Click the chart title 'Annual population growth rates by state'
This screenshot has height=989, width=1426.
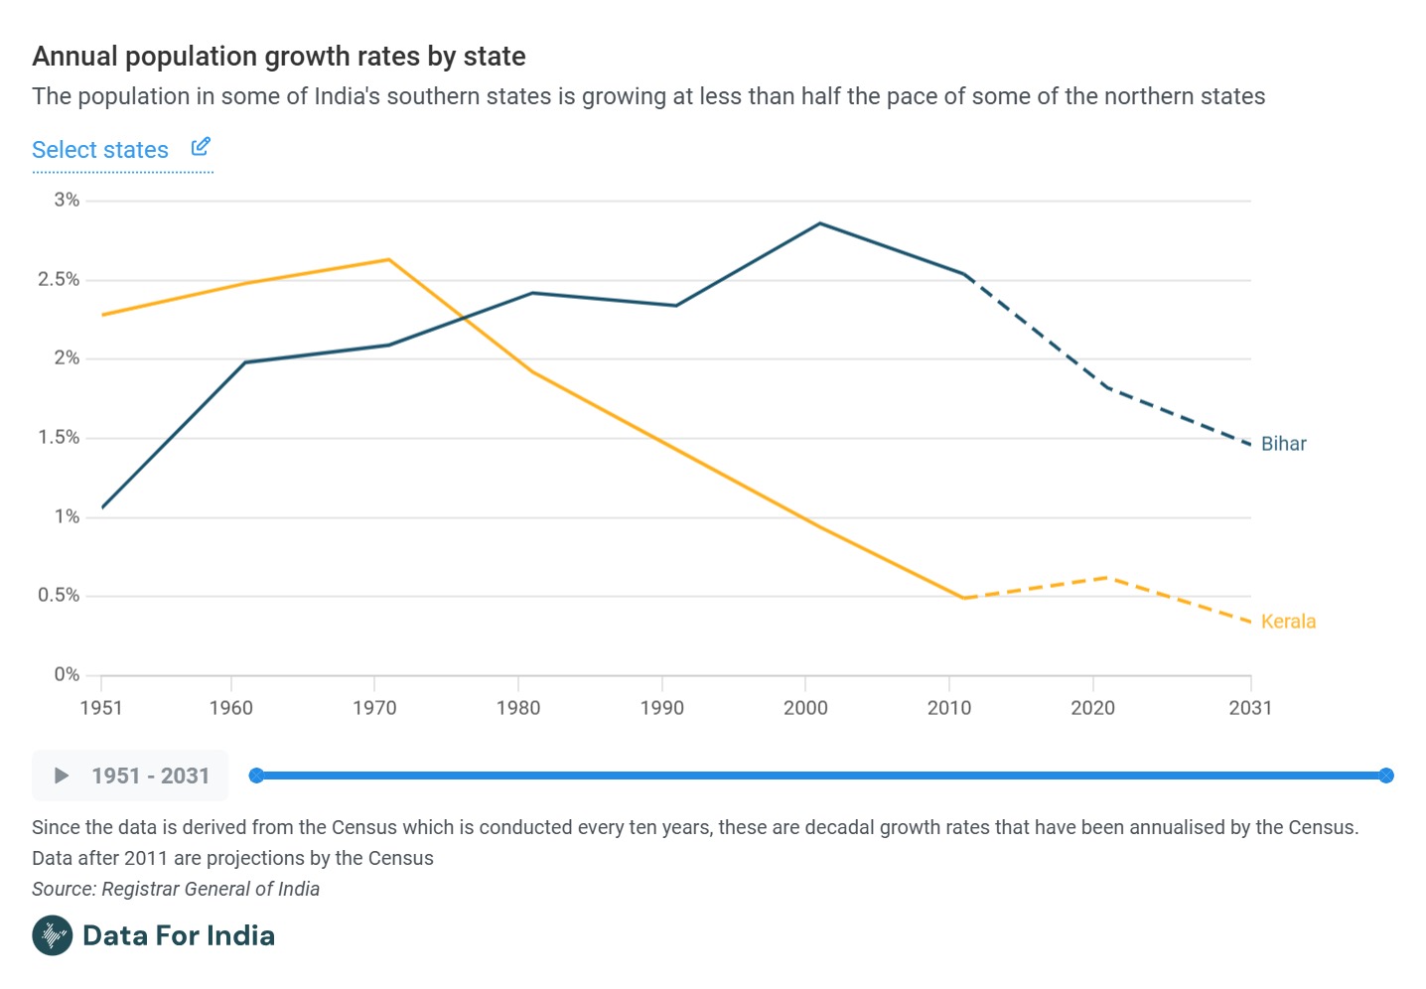click(279, 57)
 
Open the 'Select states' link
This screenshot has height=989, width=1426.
click(100, 150)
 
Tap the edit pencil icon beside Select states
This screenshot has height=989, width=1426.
click(201, 147)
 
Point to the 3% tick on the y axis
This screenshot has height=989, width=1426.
click(67, 200)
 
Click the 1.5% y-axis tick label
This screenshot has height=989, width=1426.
click(59, 437)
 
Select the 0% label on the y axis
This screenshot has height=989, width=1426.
click(67, 674)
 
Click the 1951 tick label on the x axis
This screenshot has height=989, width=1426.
click(101, 708)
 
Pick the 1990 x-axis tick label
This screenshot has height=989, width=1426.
click(661, 708)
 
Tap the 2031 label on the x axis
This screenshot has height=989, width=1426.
click(1250, 708)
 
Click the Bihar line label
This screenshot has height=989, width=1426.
click(1283, 444)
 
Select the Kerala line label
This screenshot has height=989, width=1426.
click(1288, 622)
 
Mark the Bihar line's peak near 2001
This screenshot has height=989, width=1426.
click(820, 223)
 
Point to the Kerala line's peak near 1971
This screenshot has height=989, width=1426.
click(388, 259)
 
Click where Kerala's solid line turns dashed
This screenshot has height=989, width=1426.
click(963, 598)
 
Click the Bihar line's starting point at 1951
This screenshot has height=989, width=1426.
click(102, 507)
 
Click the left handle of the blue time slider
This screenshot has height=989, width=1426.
click(256, 776)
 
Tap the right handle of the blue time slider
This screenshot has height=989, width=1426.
click(1386, 776)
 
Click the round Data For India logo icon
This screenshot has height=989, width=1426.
click(52, 935)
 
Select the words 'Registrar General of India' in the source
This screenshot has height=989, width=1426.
click(211, 889)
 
